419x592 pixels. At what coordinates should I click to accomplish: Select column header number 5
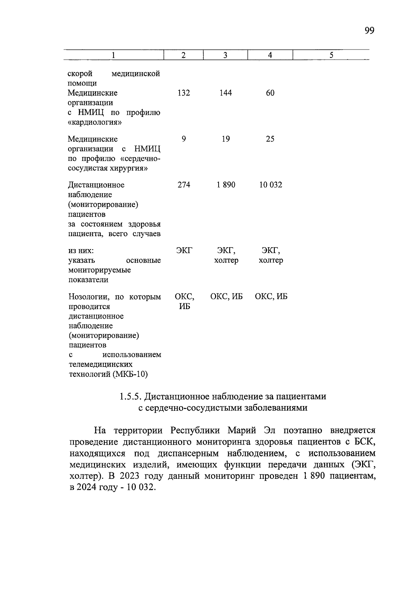331,55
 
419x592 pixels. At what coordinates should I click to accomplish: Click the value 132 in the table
184,93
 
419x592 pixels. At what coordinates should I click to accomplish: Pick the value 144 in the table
226,93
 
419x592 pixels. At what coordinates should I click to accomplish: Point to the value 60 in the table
270,93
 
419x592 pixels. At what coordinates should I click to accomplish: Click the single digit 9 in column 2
184,139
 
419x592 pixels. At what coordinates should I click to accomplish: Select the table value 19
226,139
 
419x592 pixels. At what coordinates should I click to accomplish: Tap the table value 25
270,139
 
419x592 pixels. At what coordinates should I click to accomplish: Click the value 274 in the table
184,185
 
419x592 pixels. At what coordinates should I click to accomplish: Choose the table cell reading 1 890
226,185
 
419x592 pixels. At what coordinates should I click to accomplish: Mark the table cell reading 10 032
270,185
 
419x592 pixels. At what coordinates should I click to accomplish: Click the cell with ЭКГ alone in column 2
184,250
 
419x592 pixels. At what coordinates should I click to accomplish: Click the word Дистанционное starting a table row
96,185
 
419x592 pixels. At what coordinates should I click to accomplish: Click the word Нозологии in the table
89,297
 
